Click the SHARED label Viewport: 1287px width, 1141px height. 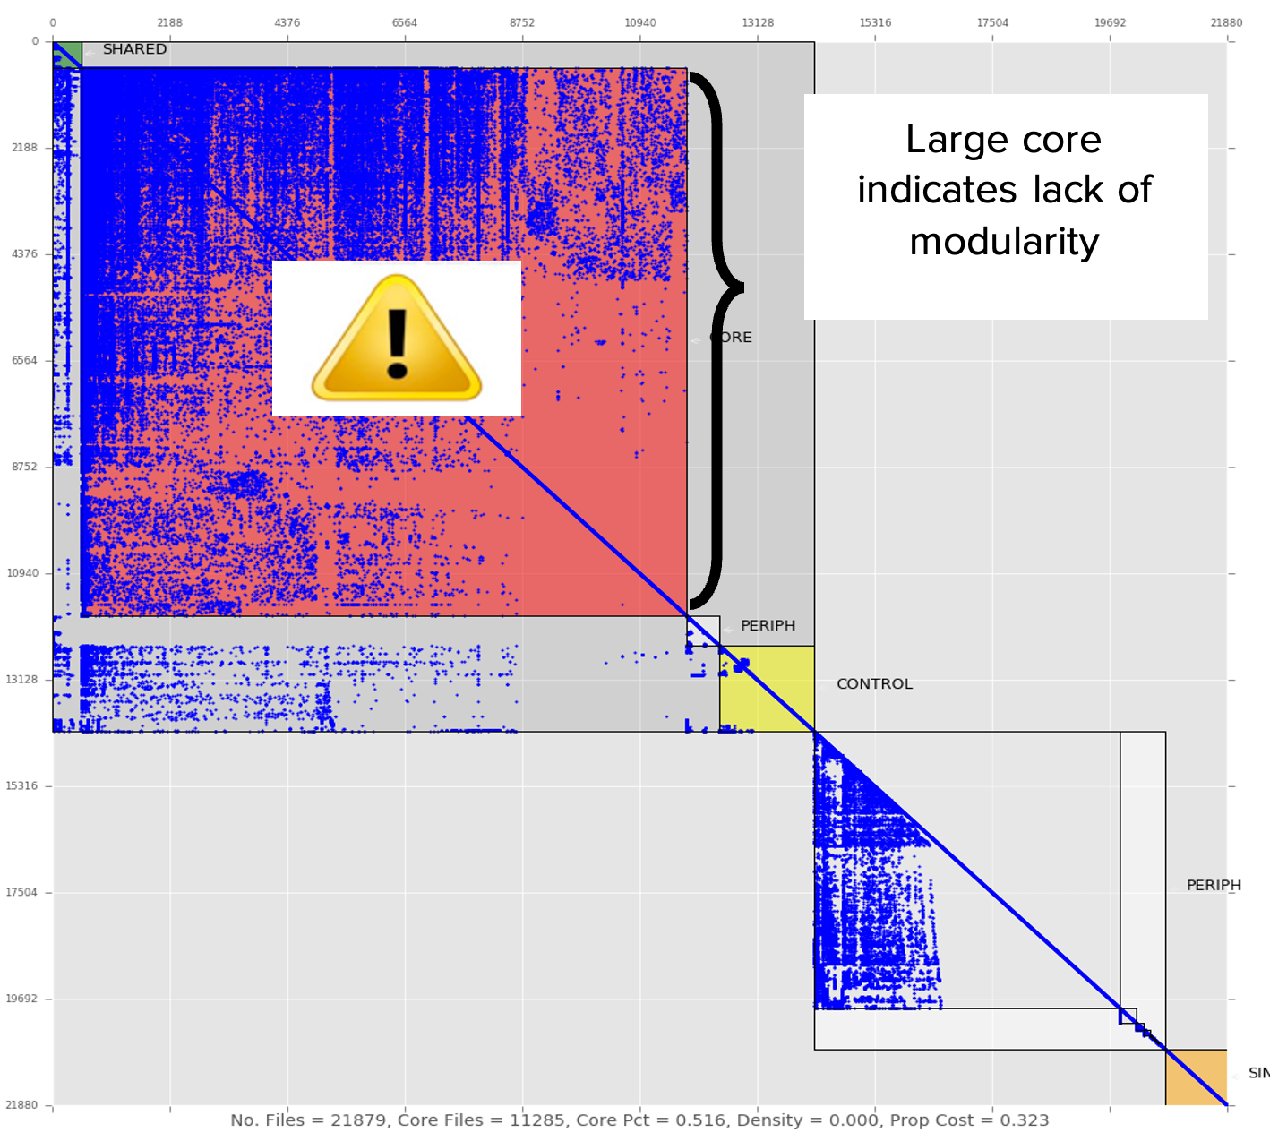click(134, 49)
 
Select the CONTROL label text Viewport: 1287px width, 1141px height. click(874, 684)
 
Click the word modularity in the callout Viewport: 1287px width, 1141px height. click(1004, 242)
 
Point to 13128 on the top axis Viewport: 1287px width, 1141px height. click(758, 22)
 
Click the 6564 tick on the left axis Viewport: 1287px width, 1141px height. click(23, 360)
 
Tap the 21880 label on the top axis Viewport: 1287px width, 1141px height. click(1226, 22)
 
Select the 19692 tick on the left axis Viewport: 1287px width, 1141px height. click(23, 999)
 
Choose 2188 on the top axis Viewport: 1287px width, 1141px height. click(169, 22)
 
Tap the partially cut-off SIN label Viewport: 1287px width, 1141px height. click(1258, 1073)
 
